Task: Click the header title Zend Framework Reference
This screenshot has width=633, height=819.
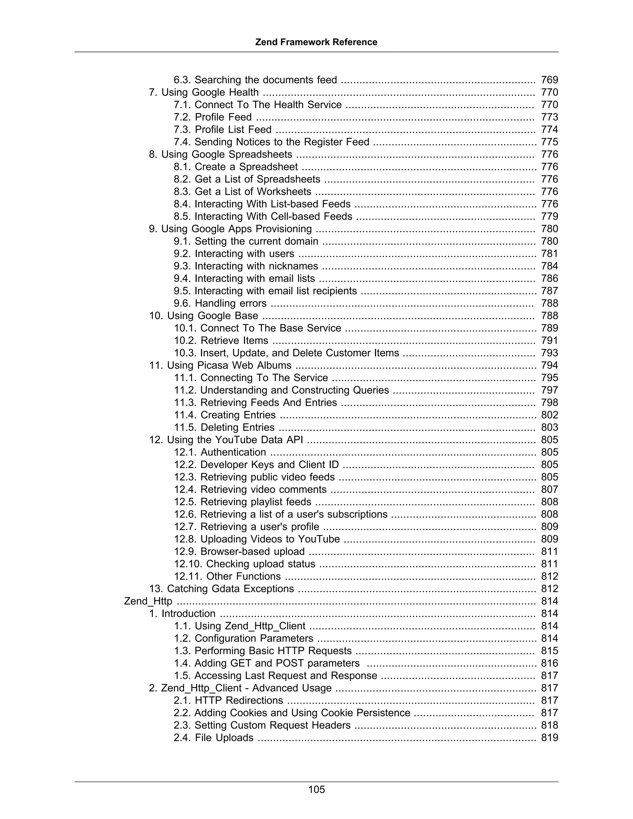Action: [x=316, y=42]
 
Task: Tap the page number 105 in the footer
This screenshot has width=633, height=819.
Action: [x=316, y=789]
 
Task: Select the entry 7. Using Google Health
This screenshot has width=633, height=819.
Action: [x=204, y=92]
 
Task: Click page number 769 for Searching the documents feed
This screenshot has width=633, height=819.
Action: [x=549, y=80]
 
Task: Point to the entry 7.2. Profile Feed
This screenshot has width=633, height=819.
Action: [x=212, y=117]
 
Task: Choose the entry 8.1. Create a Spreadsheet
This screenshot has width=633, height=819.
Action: [x=236, y=167]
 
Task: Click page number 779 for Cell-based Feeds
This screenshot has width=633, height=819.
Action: [x=549, y=216]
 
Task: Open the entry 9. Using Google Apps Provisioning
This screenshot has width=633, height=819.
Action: [x=230, y=229]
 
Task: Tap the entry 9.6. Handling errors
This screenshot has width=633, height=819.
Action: [x=220, y=303]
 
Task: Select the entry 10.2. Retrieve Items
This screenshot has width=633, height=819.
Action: [x=221, y=341]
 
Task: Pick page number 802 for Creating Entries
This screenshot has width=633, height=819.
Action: [x=549, y=415]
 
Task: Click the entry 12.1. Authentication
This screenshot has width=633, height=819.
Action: [x=220, y=452]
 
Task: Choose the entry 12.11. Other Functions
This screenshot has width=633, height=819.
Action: [x=227, y=576]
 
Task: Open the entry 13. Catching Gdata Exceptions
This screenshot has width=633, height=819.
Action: [x=221, y=588]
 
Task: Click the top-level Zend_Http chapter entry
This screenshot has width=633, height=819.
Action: [x=148, y=601]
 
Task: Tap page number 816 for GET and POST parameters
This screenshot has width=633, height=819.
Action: [x=549, y=663]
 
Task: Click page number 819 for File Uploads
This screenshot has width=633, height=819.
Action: [x=549, y=738]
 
